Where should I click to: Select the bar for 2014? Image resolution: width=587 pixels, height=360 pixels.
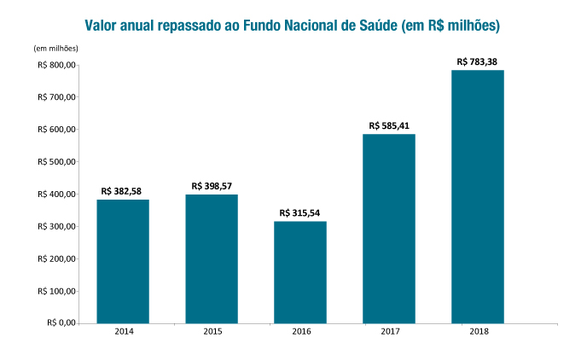coord(123,261)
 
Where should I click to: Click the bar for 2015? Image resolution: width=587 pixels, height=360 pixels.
coord(212,258)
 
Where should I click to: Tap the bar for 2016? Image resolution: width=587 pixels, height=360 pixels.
coord(300,272)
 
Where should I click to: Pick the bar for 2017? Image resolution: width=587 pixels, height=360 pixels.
coord(389,229)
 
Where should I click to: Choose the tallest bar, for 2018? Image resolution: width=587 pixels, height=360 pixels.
coord(478,196)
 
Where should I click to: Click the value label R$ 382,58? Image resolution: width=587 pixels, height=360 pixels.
coord(123,192)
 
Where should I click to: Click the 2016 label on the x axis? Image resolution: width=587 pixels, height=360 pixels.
coord(300,332)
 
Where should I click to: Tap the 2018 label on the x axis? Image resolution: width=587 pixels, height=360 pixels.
coord(478,332)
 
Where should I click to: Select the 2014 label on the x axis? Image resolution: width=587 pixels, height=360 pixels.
coord(123,332)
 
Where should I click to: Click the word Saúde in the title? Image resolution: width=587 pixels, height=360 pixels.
coord(373,26)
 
